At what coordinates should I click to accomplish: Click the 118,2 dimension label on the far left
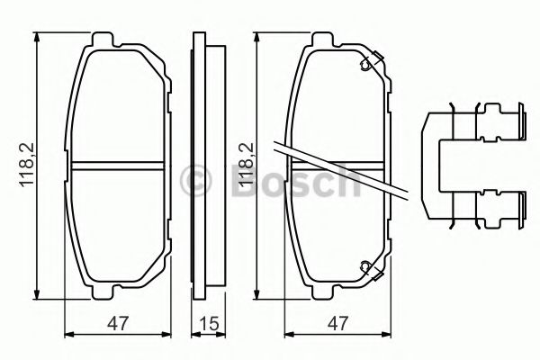(x=27, y=165)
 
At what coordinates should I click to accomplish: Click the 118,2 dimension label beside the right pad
(x=247, y=165)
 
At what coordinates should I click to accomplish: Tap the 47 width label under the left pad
(x=118, y=323)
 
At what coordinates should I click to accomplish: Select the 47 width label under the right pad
(x=337, y=323)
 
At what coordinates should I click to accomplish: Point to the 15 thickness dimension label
(x=209, y=323)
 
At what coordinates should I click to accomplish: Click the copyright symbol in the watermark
(x=195, y=181)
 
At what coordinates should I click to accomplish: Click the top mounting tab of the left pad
(x=103, y=40)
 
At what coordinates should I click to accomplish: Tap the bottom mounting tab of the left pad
(x=103, y=292)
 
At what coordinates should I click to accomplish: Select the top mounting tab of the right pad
(x=323, y=40)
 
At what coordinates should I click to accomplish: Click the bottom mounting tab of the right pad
(x=323, y=292)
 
